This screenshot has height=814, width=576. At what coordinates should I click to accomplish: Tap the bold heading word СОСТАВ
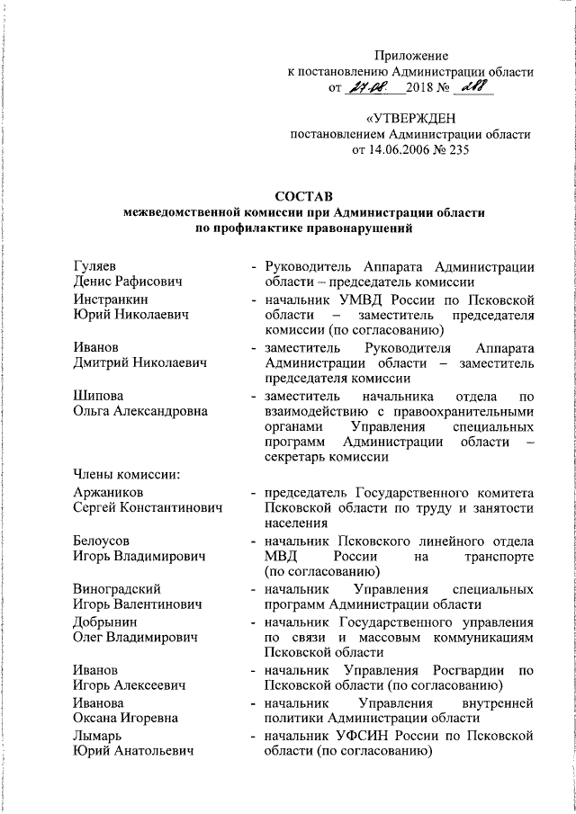(x=303, y=196)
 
